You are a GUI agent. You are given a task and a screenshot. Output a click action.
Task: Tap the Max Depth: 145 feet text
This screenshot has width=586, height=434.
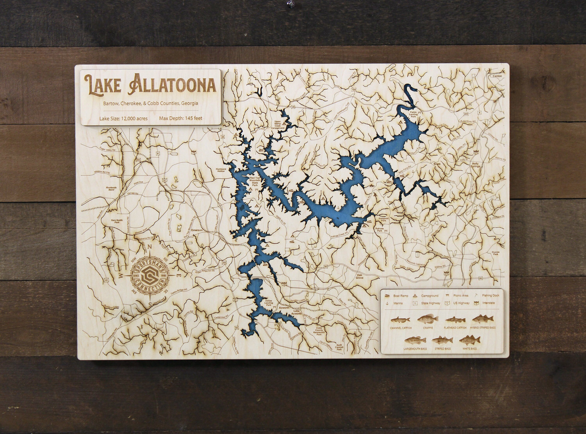tap(180, 118)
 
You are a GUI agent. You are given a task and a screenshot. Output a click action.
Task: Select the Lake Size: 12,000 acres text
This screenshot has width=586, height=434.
tap(123, 118)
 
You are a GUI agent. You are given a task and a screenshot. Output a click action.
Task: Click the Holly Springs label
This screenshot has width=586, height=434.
tap(475, 165)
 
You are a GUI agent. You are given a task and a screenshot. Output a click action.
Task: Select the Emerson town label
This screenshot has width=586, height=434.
tap(197, 230)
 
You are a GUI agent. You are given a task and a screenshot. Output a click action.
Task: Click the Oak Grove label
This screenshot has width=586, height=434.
tap(359, 276)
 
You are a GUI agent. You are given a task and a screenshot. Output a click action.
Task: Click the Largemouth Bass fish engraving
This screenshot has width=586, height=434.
tap(415, 341)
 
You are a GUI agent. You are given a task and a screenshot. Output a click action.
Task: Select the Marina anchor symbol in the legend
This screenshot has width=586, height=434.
tap(387, 303)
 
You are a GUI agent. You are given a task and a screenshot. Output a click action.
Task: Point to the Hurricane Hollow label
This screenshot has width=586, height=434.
tap(221, 170)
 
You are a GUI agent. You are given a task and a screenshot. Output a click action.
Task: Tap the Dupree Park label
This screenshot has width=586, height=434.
tap(495, 253)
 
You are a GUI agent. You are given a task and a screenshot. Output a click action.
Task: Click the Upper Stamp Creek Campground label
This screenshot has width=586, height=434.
tap(277, 125)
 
